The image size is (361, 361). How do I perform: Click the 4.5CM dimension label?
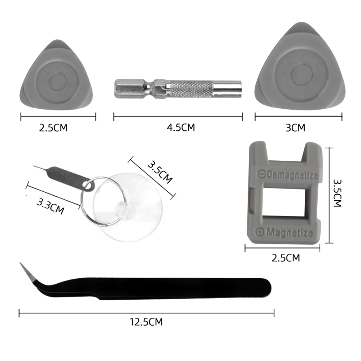click(181, 127)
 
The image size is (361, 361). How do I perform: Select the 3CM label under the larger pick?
click(295, 128)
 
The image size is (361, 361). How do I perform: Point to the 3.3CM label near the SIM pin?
click(50, 206)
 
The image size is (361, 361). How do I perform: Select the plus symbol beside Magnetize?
click(260, 232)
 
